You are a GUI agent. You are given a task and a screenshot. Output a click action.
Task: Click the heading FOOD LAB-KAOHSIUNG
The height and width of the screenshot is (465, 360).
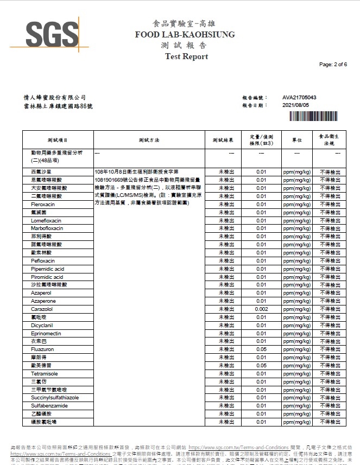(x=185, y=35)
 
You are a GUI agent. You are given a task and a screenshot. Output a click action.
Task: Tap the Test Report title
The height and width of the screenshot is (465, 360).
(x=186, y=56)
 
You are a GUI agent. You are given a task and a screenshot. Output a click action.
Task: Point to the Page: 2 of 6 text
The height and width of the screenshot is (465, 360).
(x=333, y=65)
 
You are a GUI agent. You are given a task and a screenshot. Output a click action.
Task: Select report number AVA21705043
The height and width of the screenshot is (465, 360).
(x=299, y=98)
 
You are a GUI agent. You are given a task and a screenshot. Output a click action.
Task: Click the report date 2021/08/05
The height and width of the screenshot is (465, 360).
(x=295, y=105)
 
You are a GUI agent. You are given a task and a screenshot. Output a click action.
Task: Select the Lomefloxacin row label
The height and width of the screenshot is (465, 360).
(x=46, y=221)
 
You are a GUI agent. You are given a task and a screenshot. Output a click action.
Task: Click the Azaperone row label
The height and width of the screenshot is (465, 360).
(x=43, y=301)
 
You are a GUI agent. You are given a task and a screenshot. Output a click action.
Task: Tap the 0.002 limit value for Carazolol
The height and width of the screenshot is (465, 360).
(x=261, y=309)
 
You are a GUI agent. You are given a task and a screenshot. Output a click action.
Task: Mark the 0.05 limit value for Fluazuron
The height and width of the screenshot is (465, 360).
(x=261, y=349)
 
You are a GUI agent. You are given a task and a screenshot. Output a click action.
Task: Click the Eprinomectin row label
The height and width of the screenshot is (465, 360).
(x=46, y=334)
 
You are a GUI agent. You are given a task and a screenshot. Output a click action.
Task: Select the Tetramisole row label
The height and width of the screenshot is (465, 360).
(x=44, y=374)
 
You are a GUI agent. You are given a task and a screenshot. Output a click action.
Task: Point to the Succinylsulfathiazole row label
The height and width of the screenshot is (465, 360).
(x=55, y=398)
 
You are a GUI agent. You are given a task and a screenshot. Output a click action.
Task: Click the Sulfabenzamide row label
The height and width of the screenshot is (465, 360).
(x=49, y=406)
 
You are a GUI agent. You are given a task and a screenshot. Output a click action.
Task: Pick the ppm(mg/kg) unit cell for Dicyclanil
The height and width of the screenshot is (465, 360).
(x=297, y=326)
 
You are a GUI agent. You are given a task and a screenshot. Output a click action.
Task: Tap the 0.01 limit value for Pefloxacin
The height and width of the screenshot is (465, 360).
(x=261, y=261)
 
